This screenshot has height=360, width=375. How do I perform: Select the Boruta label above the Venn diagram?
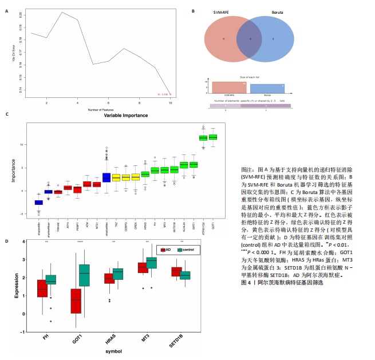click(277, 13)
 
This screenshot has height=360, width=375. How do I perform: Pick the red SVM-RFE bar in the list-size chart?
click(229, 87)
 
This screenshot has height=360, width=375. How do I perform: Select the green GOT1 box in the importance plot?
click(213, 137)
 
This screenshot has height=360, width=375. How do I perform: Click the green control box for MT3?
click(152, 262)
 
